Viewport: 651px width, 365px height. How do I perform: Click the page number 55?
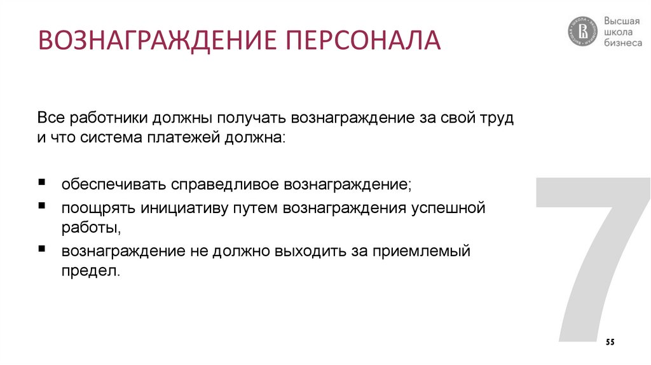pyautogui.click(x=610, y=342)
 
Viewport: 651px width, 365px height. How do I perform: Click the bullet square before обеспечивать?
pyautogui.click(x=41, y=182)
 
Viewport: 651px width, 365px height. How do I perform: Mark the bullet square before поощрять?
pyautogui.click(x=41, y=207)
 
